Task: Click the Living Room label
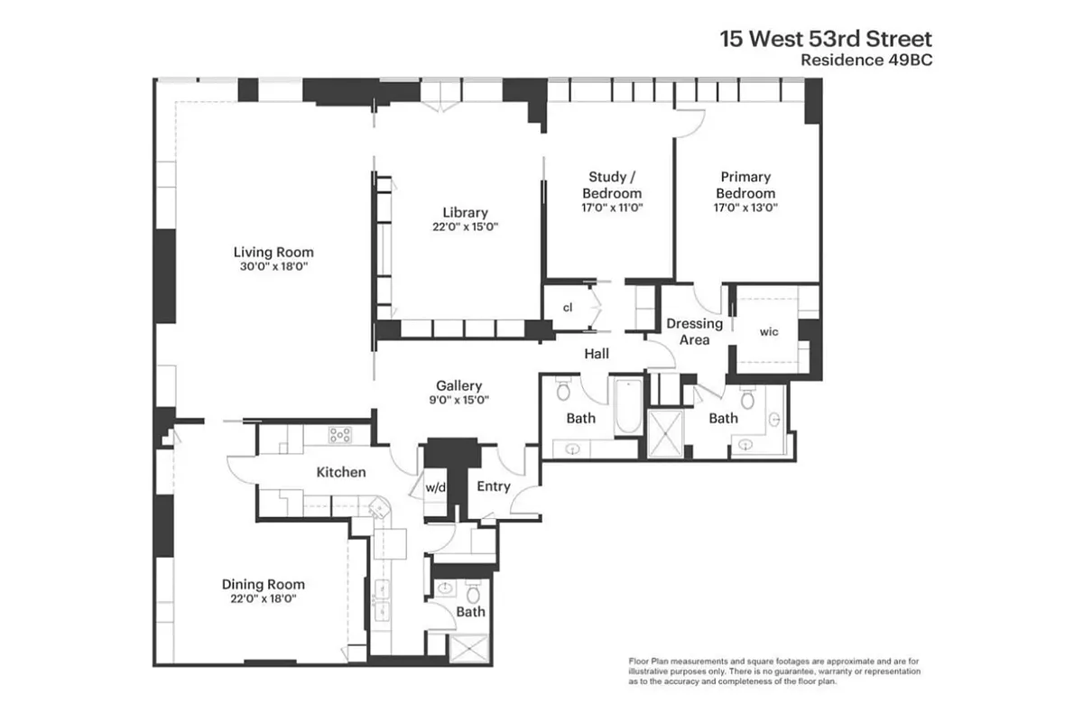click(x=273, y=252)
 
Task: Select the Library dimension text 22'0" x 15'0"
click(x=466, y=227)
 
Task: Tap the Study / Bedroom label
click(x=612, y=185)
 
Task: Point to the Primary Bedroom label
click(x=745, y=185)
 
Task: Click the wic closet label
click(x=768, y=332)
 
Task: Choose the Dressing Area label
click(x=694, y=331)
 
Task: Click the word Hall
click(x=597, y=355)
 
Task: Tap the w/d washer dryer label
click(x=437, y=487)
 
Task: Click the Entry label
click(x=494, y=486)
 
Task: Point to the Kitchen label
click(x=341, y=472)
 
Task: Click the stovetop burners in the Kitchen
click(x=340, y=435)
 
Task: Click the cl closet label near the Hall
click(x=568, y=308)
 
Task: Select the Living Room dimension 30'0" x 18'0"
click(x=273, y=266)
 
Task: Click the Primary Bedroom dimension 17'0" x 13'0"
click(x=745, y=207)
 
